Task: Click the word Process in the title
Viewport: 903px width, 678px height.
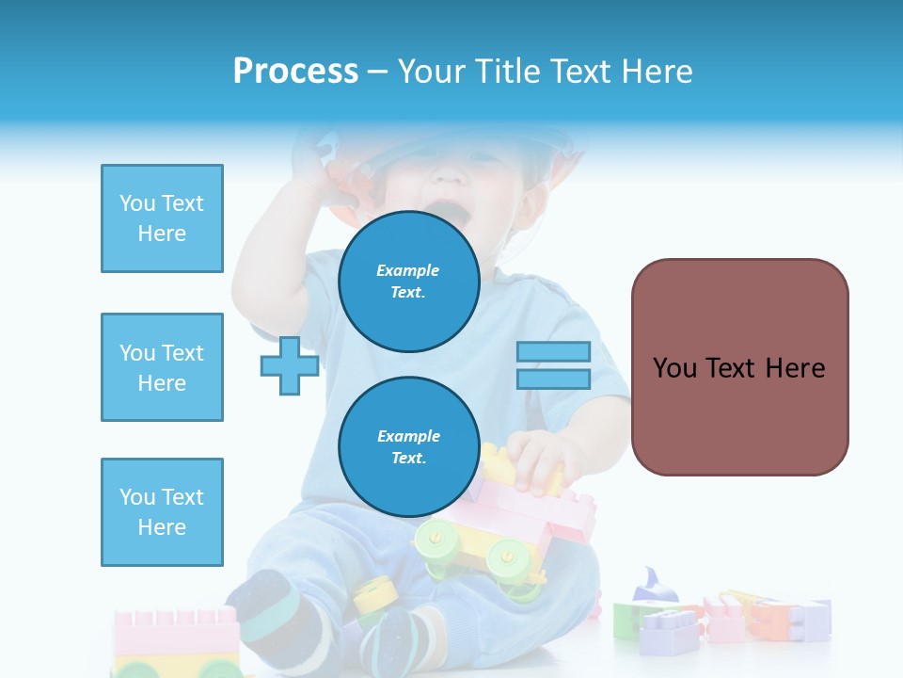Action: pyautogui.click(x=295, y=72)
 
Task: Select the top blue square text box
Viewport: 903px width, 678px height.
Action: pyautogui.click(x=162, y=218)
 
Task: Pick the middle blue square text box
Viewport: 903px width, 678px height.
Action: pyautogui.click(x=162, y=367)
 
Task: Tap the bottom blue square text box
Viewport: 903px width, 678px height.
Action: pyautogui.click(x=162, y=511)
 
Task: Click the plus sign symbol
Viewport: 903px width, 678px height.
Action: pyautogui.click(x=289, y=365)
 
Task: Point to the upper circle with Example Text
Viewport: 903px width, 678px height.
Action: pyautogui.click(x=408, y=281)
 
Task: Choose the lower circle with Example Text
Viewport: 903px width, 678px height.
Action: pyautogui.click(x=408, y=446)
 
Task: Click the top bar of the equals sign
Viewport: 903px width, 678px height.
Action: pyautogui.click(x=553, y=352)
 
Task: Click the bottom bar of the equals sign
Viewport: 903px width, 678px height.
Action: pyautogui.click(x=553, y=379)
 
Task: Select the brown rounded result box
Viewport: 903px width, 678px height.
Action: pyautogui.click(x=739, y=367)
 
